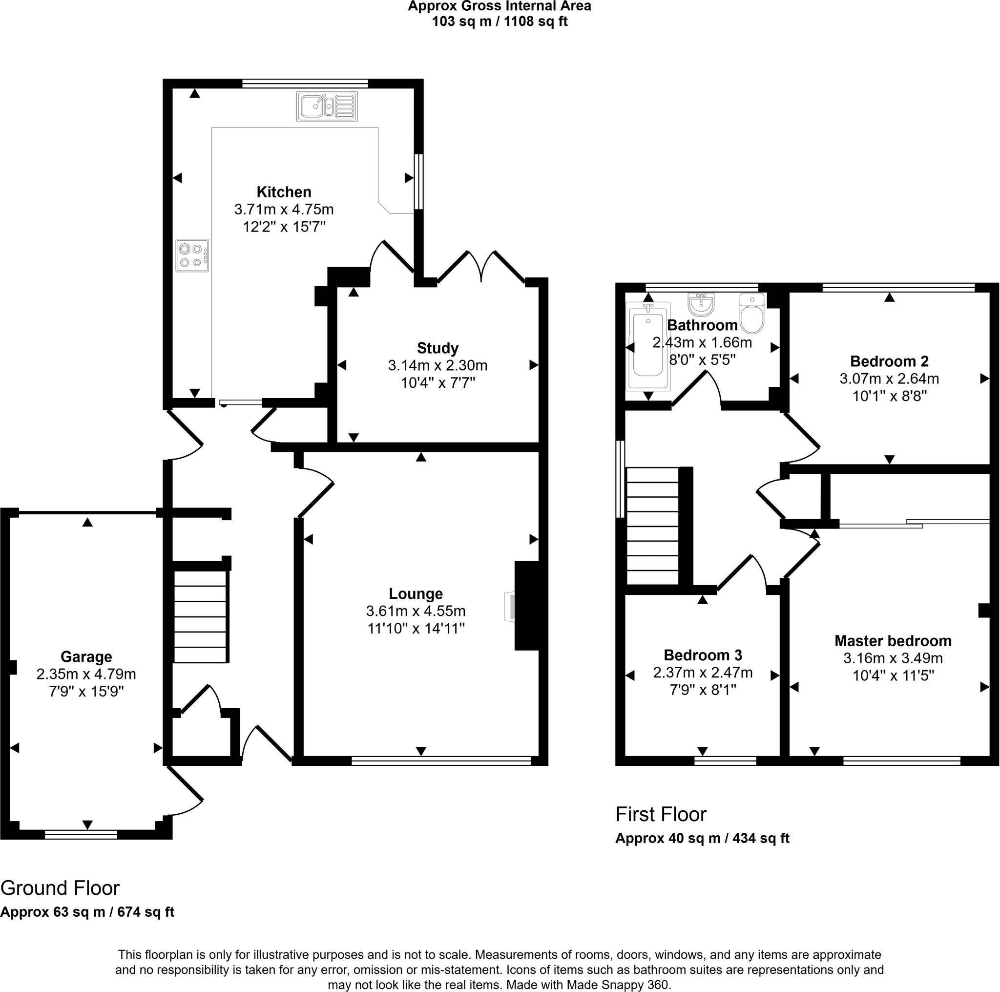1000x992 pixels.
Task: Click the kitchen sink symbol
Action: [327, 106]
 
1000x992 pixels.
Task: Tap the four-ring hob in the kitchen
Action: [192, 255]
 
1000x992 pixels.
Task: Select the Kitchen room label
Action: [284, 192]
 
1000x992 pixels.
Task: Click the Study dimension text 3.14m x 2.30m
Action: [437, 365]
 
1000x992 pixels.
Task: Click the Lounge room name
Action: [416, 593]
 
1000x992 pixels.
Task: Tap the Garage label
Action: [86, 656]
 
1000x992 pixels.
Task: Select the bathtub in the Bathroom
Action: [647, 346]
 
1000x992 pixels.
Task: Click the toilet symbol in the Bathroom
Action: [751, 314]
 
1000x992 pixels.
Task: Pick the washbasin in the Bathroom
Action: [701, 304]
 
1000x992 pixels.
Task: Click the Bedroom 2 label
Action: [889, 361]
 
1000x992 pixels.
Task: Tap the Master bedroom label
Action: [893, 641]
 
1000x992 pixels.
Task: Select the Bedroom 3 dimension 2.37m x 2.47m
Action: [702, 673]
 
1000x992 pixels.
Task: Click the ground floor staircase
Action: [200, 616]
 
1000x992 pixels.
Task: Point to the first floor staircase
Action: [652, 526]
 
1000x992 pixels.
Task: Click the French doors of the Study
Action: [481, 267]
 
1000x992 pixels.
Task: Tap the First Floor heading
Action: [661, 814]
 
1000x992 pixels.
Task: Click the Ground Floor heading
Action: [60, 888]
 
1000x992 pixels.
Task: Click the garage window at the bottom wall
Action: [81, 835]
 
